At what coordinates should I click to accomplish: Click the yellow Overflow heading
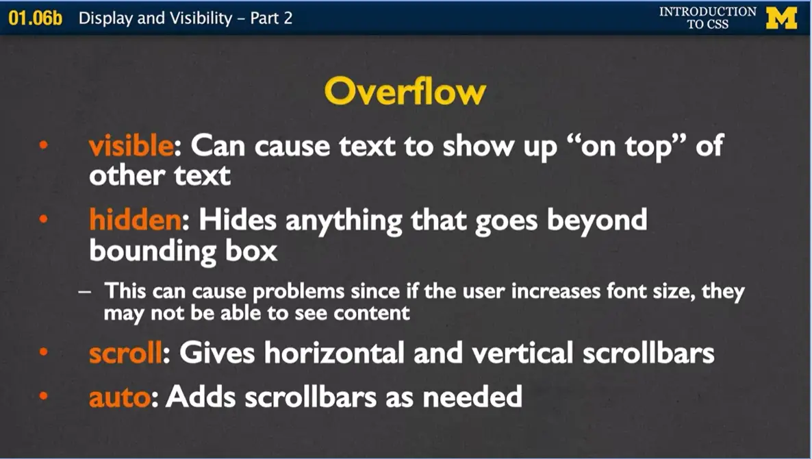coord(405,92)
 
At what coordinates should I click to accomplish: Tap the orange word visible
coord(131,145)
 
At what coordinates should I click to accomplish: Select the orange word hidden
coord(135,219)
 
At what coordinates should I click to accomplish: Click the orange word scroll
coord(125,353)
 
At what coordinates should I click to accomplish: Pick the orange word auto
coord(120,397)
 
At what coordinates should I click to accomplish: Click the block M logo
coord(781,18)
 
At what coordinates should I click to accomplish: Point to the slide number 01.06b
coord(35,18)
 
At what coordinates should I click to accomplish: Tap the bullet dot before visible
coord(44,145)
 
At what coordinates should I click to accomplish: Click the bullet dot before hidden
coord(44,219)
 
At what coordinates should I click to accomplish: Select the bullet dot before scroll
coord(44,352)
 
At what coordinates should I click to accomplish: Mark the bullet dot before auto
coord(44,396)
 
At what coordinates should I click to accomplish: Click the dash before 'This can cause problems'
coord(84,292)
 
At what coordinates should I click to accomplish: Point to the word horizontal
coord(335,353)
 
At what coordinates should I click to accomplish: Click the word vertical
coord(522,353)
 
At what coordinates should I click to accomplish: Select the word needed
coord(472,397)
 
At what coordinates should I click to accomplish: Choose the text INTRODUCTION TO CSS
coord(707,18)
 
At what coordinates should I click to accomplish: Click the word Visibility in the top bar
coord(201,18)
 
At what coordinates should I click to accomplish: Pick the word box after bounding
coord(251,251)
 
